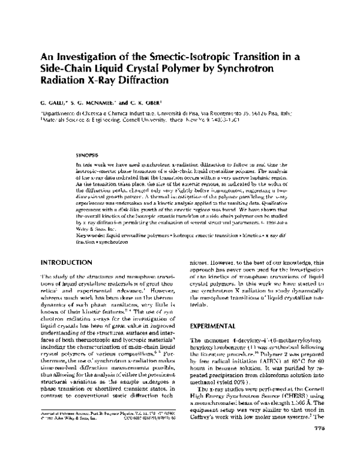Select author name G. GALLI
[55, 103]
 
